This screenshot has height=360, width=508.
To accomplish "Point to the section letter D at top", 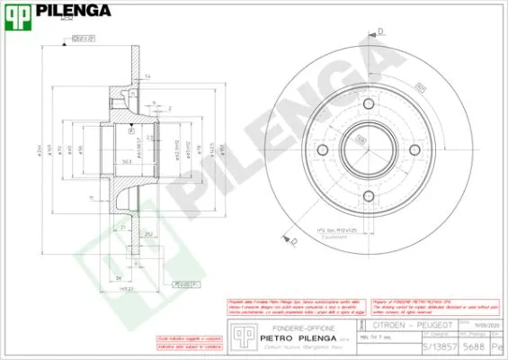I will coord(380,32).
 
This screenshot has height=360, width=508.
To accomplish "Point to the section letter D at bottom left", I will coord(294,240).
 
